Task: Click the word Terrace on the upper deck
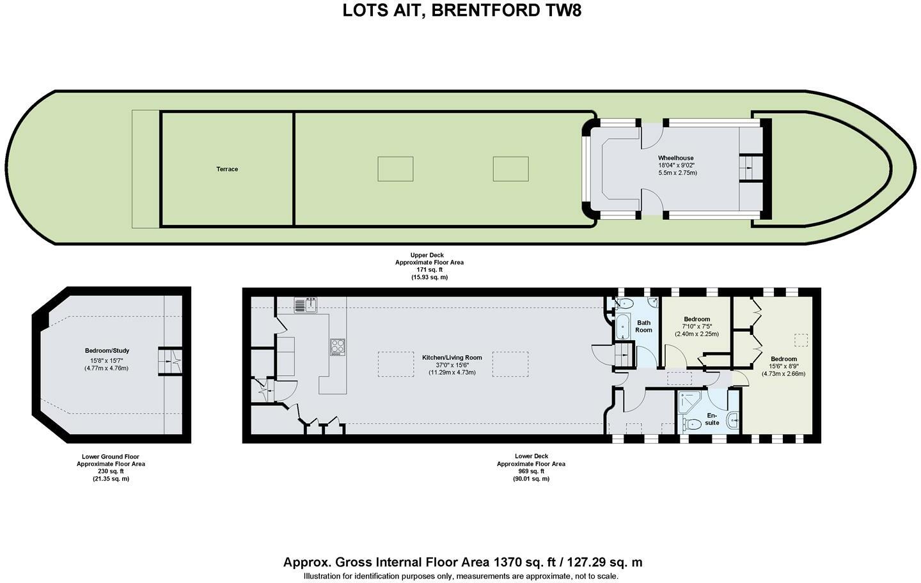point(227,169)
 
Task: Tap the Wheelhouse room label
point(675,158)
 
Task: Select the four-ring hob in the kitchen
point(338,347)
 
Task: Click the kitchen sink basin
point(311,306)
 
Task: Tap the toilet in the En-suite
point(691,423)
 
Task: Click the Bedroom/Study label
point(107,350)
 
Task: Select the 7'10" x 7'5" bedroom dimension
point(697,327)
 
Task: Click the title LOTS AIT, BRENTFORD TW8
point(462,10)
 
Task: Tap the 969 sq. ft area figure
point(531,471)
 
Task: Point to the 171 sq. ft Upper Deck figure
point(429,270)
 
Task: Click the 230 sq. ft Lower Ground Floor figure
point(111,471)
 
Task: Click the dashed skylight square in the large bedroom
point(801,340)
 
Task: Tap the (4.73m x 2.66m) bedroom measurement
point(783,373)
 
